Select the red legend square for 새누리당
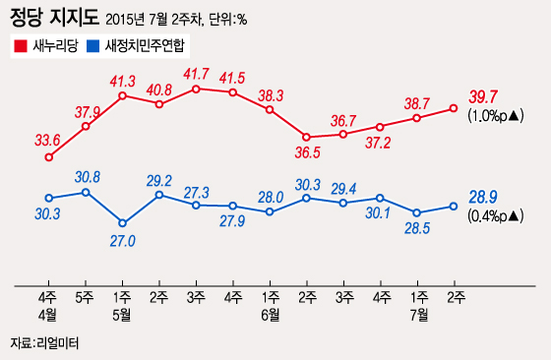click(x=20, y=45)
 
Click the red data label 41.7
click(x=197, y=74)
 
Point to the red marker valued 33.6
click(x=49, y=156)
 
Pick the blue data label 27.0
click(x=123, y=240)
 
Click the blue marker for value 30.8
click(x=86, y=192)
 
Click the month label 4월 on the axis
click(x=49, y=314)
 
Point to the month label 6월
click(x=271, y=314)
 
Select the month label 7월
click(x=417, y=314)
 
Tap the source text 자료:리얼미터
click(x=43, y=343)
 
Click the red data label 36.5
click(x=307, y=152)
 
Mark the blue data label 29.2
click(x=159, y=181)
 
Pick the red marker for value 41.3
click(x=123, y=96)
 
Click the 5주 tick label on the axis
click(x=86, y=297)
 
